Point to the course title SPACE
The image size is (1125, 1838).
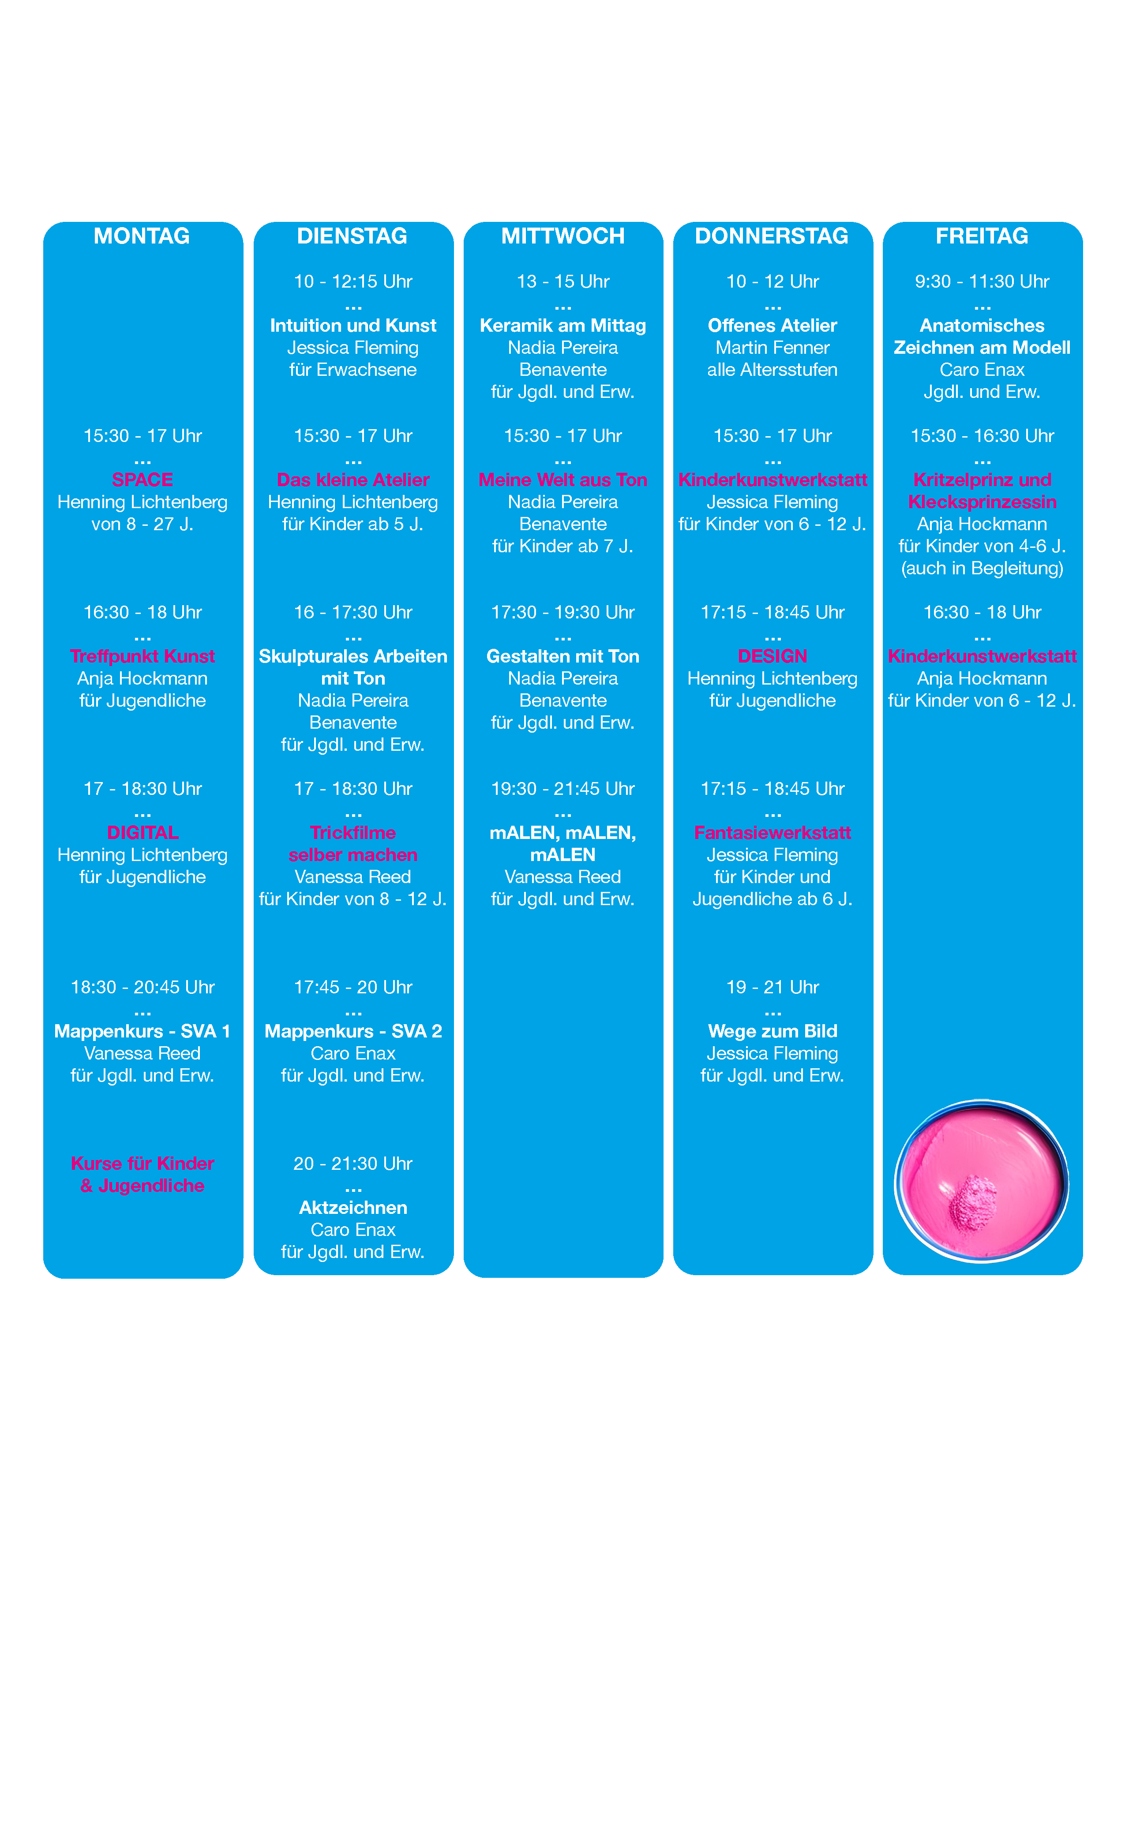[x=142, y=479]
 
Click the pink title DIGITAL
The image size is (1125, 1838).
[x=142, y=832]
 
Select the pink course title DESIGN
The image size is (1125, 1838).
[x=773, y=656]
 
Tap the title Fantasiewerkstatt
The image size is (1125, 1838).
[x=773, y=832]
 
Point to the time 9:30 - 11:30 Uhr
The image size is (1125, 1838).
[x=982, y=281]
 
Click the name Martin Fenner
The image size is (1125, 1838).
[x=773, y=348]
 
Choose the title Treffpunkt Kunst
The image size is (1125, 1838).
[x=142, y=656]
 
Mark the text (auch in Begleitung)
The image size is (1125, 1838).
[x=982, y=569]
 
